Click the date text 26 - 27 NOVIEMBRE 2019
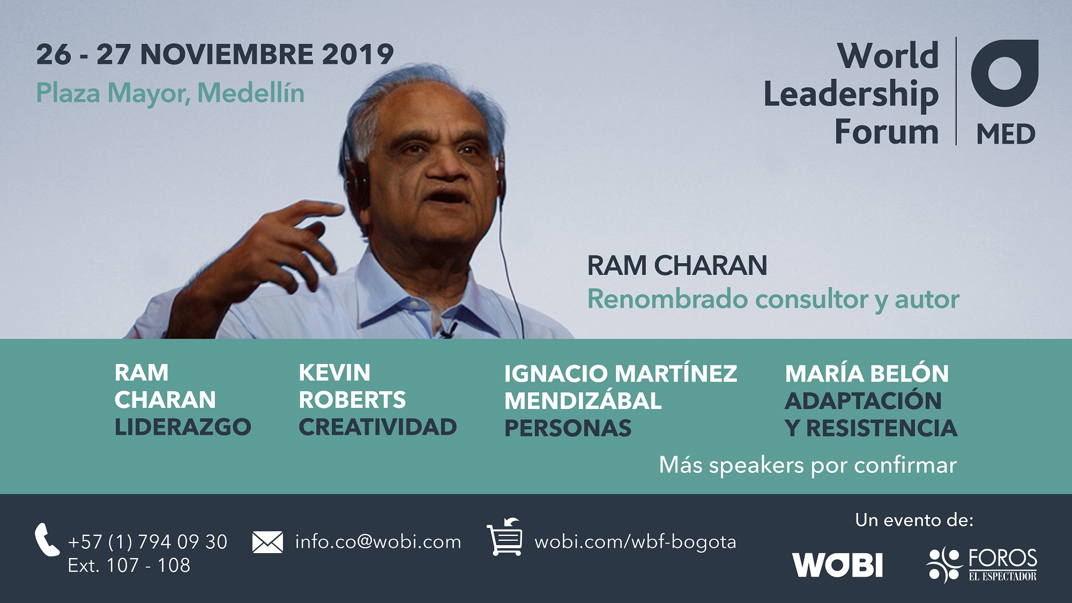(x=215, y=55)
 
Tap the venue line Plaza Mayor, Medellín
(x=170, y=94)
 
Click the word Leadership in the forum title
(x=851, y=95)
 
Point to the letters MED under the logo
(x=1006, y=134)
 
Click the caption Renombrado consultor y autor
(x=773, y=300)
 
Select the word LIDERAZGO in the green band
(x=183, y=427)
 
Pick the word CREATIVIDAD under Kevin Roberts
(x=378, y=427)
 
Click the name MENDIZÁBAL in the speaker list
(x=583, y=401)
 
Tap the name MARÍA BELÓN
(x=867, y=374)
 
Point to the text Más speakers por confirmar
(x=808, y=465)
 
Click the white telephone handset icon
(x=47, y=539)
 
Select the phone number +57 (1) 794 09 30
(x=148, y=542)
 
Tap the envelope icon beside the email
(x=267, y=542)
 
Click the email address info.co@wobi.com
(x=378, y=542)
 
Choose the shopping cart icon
(x=504, y=537)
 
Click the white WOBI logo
(x=837, y=565)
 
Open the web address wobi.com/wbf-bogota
(x=635, y=542)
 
